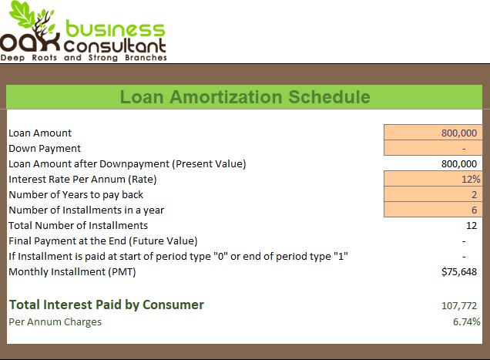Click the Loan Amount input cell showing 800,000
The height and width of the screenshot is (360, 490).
coord(433,133)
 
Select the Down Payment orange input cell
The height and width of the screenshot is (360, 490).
coord(433,148)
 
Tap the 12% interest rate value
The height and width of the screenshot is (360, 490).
coord(471,179)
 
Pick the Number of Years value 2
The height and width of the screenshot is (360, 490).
coord(474,194)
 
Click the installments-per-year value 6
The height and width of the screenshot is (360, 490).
coord(474,210)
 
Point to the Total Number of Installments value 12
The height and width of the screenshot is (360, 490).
coord(472,226)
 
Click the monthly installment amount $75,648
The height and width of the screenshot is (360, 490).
coord(459,272)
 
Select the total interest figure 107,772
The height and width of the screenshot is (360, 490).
coord(459,305)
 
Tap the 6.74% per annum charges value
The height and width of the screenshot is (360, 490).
coord(466,321)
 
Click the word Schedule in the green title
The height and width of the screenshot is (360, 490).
coord(329,97)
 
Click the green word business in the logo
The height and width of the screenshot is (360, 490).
coord(115,29)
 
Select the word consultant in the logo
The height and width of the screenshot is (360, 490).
coord(115,46)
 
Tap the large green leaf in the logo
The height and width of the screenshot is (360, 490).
coord(22,14)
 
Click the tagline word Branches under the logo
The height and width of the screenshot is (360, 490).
coord(146,58)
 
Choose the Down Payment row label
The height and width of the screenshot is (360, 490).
coord(45,148)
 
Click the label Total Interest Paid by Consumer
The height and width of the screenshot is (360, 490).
coord(106,305)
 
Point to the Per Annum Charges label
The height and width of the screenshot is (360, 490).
coord(55,322)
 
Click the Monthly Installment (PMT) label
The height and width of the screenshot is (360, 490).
coord(72,272)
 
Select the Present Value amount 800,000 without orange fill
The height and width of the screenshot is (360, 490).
coord(459,164)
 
